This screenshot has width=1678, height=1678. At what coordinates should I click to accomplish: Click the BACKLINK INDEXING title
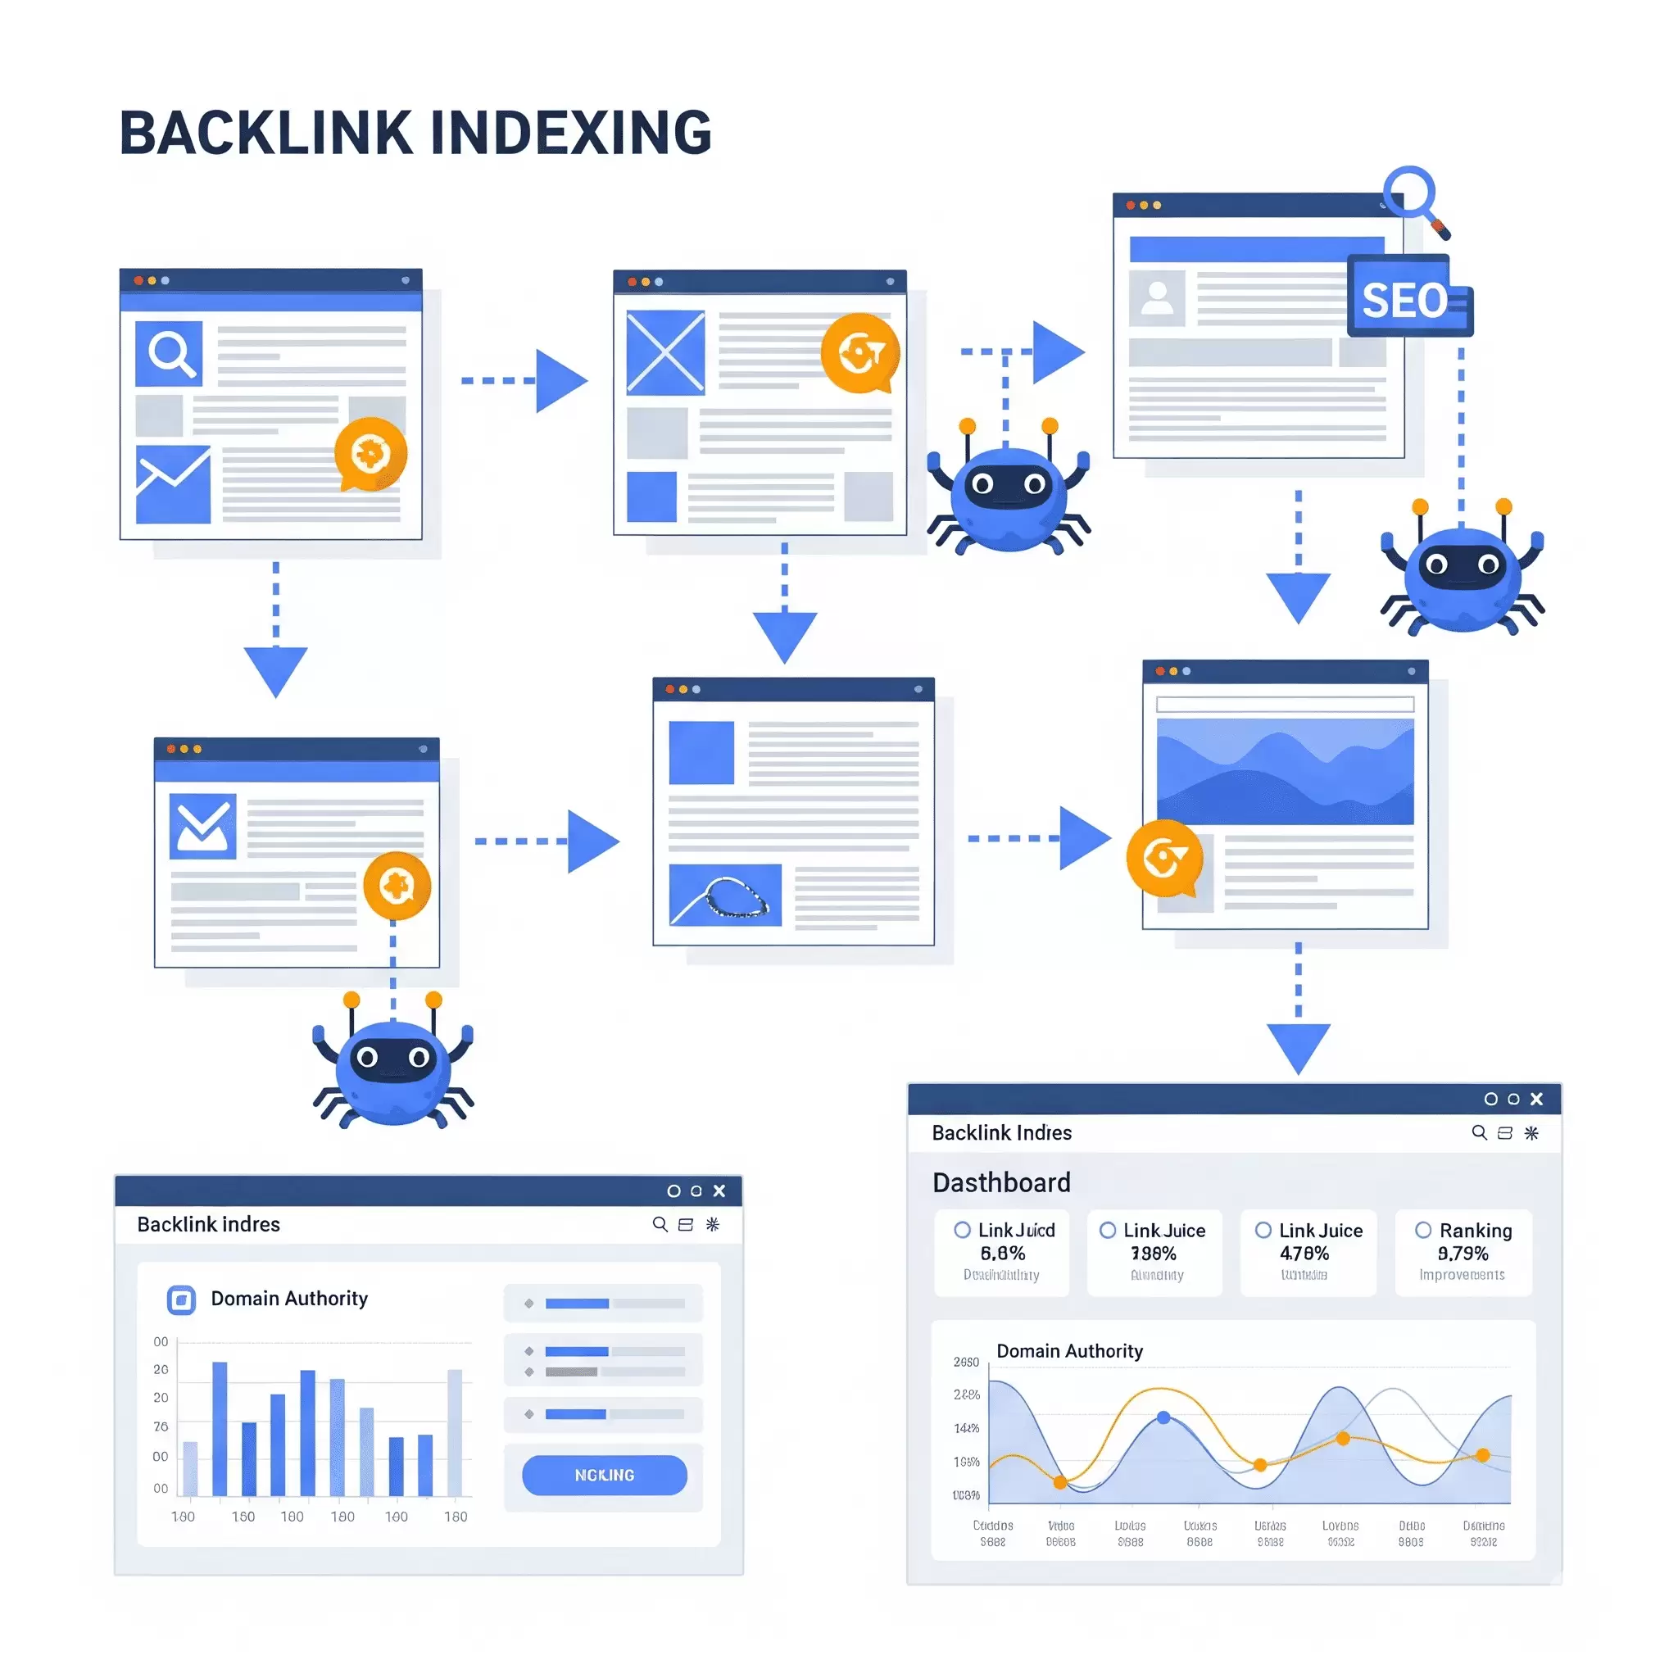[x=415, y=134]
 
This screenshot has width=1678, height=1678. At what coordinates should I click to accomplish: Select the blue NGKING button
[x=605, y=1475]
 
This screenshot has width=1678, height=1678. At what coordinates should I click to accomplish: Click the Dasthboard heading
[x=1001, y=1182]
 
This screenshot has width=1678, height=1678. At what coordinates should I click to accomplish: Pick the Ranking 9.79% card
[x=1463, y=1253]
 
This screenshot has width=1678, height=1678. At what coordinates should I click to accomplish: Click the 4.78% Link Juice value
[x=1304, y=1254]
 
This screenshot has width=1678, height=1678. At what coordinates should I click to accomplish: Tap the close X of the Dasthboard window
[x=1536, y=1099]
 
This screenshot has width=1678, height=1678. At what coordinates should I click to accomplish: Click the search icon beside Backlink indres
[x=660, y=1224]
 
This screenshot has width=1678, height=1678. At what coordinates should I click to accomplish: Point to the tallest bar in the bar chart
[x=220, y=1429]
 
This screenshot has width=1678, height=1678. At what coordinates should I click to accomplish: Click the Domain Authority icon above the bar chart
[x=180, y=1299]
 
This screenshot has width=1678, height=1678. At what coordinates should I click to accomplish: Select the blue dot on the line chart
[x=1163, y=1417]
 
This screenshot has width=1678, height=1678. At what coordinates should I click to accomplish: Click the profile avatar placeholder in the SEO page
[x=1157, y=298]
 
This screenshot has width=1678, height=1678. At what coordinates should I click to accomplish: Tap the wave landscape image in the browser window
[x=1286, y=771]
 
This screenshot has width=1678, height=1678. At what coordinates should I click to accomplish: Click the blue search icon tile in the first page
[x=170, y=353]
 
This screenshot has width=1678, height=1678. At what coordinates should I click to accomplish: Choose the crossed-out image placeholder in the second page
[x=665, y=352]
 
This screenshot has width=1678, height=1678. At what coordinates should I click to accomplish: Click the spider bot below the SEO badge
[x=1463, y=569]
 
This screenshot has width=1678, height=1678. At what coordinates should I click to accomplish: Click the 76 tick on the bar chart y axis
[x=161, y=1426]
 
